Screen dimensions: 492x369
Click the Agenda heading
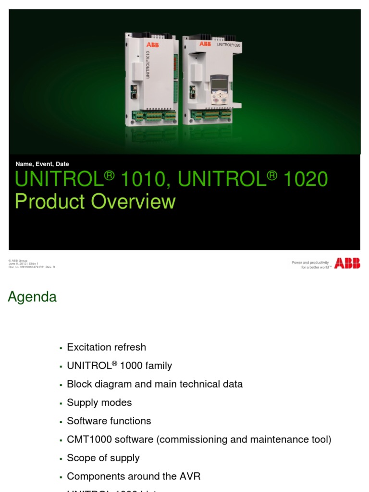(x=32, y=297)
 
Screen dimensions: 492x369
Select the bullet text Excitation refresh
(x=106, y=347)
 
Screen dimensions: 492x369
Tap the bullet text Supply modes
(x=99, y=403)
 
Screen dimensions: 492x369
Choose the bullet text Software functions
(x=109, y=421)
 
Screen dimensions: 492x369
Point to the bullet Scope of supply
(x=103, y=458)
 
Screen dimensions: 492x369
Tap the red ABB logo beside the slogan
(x=347, y=263)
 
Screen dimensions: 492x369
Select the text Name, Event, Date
(x=42, y=164)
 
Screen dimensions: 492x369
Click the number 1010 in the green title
(x=144, y=180)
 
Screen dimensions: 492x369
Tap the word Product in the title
(x=50, y=202)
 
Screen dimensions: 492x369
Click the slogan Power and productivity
(x=310, y=263)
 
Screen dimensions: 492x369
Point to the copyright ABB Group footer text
(x=18, y=261)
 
